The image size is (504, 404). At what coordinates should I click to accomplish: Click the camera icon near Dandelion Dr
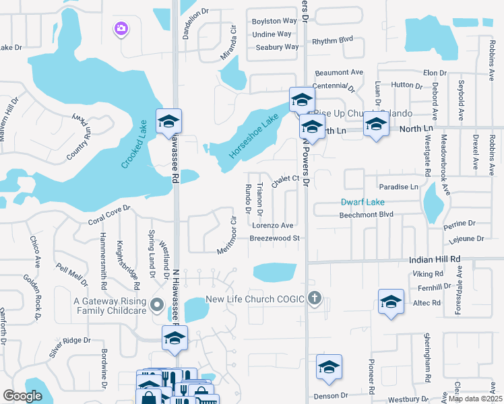pyautogui.click(x=121, y=28)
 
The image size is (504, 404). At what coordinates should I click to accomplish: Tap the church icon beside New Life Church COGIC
pyautogui.click(x=314, y=298)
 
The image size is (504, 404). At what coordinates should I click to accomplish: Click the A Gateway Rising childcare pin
pyautogui.click(x=157, y=304)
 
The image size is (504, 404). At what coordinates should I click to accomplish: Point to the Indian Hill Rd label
pyautogui.click(x=435, y=259)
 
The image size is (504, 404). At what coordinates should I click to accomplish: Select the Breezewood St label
pyautogui.click(x=274, y=238)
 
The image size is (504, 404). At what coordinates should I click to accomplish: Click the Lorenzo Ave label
pyautogui.click(x=273, y=226)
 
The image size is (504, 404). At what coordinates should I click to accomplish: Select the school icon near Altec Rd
pyautogui.click(x=391, y=302)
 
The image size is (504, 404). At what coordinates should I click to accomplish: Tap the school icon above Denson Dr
pyautogui.click(x=329, y=367)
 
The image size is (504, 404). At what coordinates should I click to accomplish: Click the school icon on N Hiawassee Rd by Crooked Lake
pyautogui.click(x=168, y=121)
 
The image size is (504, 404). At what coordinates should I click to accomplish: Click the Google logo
pyautogui.click(x=23, y=397)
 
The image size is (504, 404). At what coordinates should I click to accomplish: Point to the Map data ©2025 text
pyautogui.click(x=474, y=399)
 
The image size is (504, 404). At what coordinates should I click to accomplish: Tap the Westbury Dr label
pyautogui.click(x=404, y=399)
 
